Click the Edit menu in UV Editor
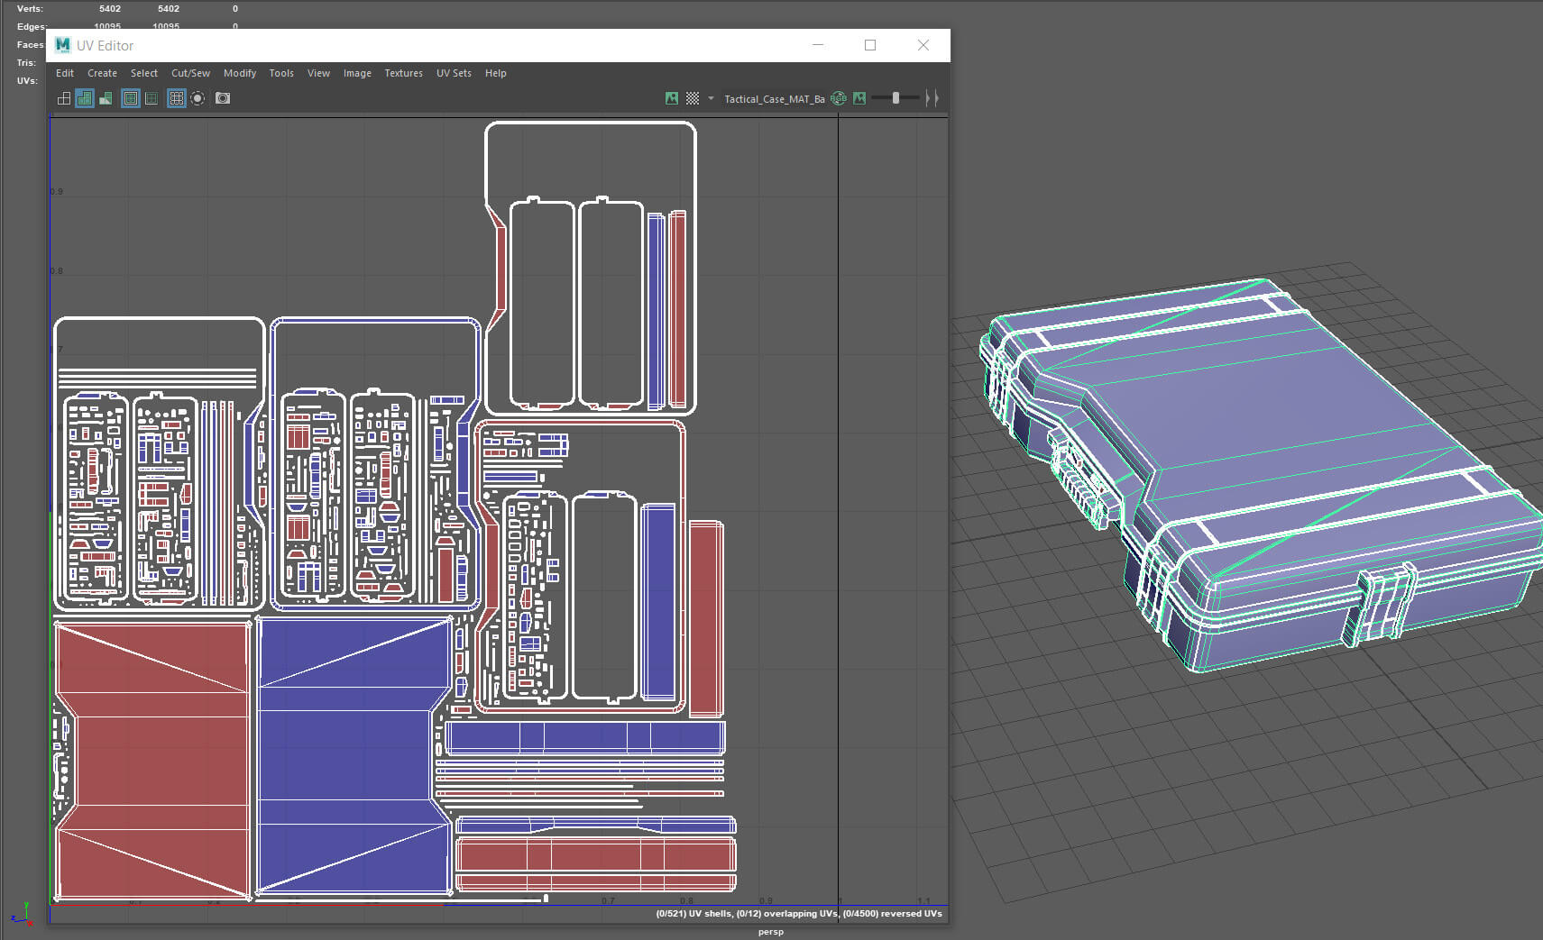tap(65, 73)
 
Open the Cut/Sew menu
tap(190, 73)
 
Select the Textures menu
tap(403, 73)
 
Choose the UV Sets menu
tap(454, 73)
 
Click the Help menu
tap(495, 73)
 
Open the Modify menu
tap(240, 73)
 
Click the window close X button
tap(923, 45)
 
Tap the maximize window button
tap(870, 45)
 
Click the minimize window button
tap(818, 45)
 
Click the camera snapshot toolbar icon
tap(223, 98)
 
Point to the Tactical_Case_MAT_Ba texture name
tap(774, 99)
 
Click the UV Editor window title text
tap(105, 46)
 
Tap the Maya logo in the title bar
tap(62, 45)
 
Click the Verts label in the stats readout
tap(30, 9)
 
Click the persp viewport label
tap(771, 932)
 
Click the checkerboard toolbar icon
tap(693, 98)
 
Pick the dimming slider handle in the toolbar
tap(895, 98)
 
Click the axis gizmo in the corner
tap(21, 914)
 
